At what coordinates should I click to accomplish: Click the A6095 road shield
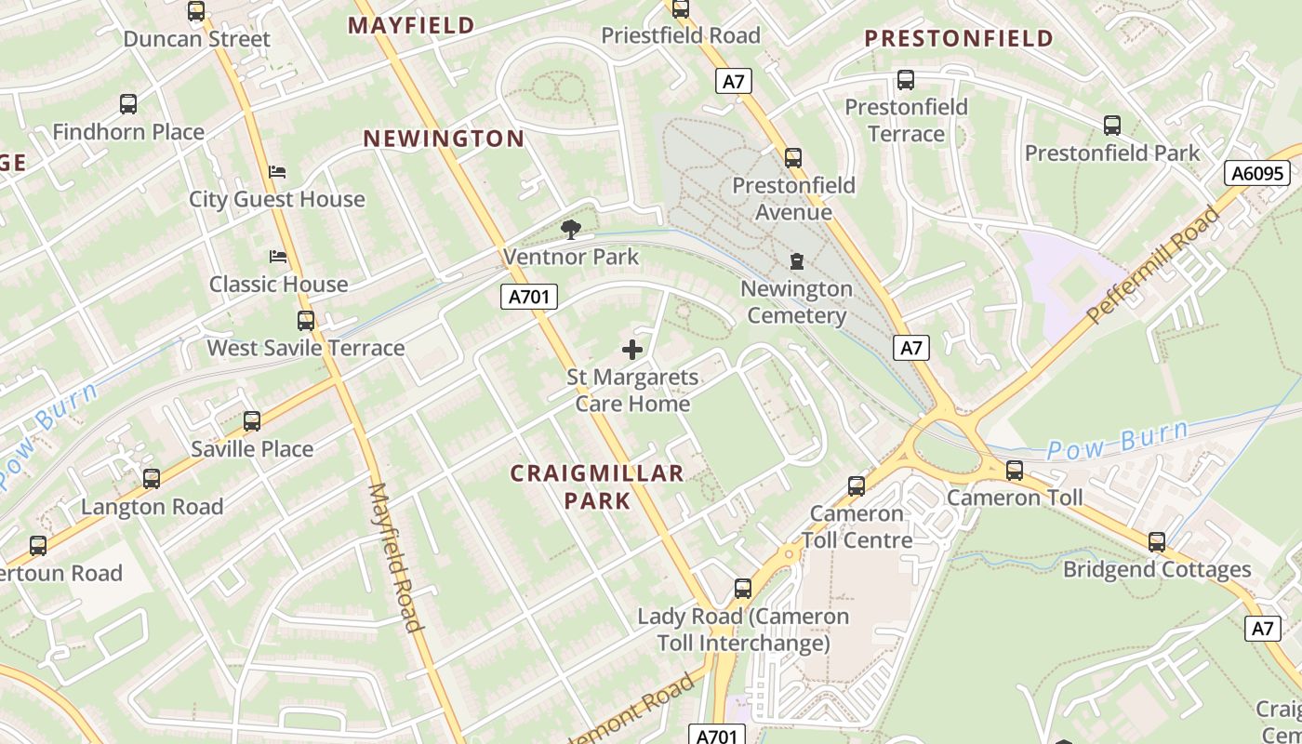(1256, 173)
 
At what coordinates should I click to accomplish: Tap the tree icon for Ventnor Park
(571, 230)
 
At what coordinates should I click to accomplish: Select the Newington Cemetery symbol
(797, 262)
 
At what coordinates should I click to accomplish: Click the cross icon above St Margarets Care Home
(632, 350)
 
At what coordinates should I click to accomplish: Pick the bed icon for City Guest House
(277, 172)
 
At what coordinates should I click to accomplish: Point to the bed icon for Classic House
(277, 257)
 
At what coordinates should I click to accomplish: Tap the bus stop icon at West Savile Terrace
(306, 321)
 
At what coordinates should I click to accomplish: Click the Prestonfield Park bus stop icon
(1111, 125)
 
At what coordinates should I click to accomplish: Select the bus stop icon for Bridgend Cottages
(1156, 541)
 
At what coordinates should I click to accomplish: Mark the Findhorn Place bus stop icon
(128, 104)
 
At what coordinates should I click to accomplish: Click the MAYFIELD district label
(412, 25)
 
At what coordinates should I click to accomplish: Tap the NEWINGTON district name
(444, 139)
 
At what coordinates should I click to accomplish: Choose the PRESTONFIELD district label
(959, 38)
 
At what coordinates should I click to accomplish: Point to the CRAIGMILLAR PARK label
(597, 486)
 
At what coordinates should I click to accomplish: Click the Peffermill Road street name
(1153, 265)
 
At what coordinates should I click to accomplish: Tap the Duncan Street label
(196, 39)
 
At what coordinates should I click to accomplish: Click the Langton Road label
(152, 507)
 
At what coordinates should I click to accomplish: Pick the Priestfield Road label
(681, 35)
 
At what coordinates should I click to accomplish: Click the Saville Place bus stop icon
(251, 421)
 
